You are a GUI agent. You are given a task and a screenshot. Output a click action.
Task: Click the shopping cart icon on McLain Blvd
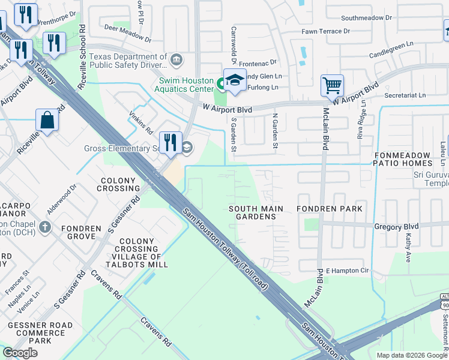[x=332, y=85]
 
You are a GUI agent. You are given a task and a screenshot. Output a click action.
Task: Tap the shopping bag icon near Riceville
[x=47, y=120]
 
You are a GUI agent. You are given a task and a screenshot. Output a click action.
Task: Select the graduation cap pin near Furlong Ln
[x=235, y=80]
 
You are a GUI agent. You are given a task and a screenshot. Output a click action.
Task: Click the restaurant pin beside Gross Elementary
[x=170, y=142]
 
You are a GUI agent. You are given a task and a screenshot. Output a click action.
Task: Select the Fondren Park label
[x=330, y=209]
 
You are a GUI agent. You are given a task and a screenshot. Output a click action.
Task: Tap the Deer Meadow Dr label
[x=128, y=32]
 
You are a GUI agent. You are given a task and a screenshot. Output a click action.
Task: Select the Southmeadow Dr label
[x=366, y=18]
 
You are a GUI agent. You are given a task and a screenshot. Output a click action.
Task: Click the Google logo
[x=20, y=353]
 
